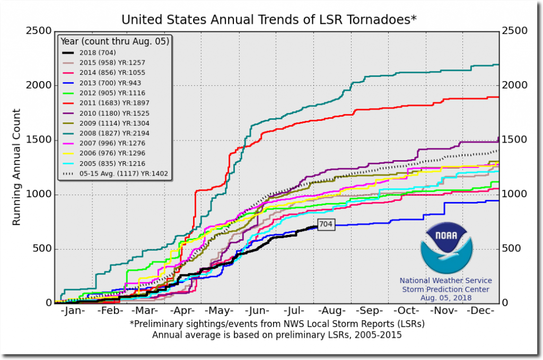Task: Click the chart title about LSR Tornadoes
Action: click(269, 20)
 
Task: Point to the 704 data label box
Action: click(326, 224)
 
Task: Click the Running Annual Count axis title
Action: click(16, 167)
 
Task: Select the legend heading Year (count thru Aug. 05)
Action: click(115, 41)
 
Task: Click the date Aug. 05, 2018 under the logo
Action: click(445, 298)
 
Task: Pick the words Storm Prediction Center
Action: click(445, 289)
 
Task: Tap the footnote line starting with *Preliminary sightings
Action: click(277, 323)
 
